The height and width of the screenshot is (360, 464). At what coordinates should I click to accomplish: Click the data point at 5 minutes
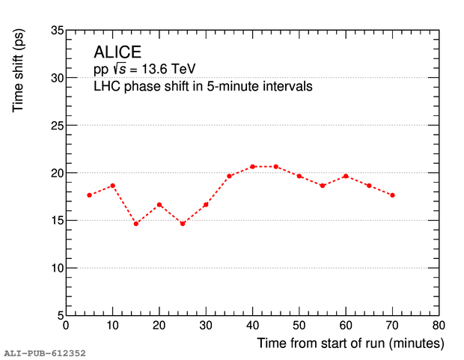89,195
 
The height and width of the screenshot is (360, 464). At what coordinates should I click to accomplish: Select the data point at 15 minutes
136,224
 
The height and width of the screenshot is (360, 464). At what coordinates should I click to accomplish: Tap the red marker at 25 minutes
183,224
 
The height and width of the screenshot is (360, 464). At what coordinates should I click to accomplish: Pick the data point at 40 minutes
253,166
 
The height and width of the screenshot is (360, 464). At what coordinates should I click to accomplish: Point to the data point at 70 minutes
392,195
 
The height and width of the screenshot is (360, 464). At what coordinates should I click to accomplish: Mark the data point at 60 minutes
346,176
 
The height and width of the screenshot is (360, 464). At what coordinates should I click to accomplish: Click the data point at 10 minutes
113,186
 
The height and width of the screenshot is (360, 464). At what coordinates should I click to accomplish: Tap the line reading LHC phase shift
202,86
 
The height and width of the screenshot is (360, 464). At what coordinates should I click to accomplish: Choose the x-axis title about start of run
351,344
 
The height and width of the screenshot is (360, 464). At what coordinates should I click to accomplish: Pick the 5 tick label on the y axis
57,315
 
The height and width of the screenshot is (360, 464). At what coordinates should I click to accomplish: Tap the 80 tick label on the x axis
439,326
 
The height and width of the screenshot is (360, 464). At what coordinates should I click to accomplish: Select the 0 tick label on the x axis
66,326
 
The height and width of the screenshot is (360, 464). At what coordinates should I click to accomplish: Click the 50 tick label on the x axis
299,326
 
